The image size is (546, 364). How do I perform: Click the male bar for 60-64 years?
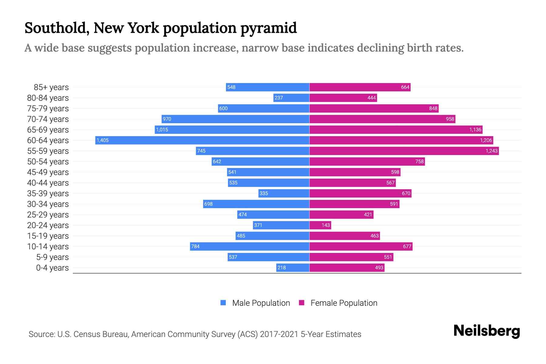[202, 140]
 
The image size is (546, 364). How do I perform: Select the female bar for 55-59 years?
[404, 151]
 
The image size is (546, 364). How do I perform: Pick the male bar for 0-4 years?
[293, 268]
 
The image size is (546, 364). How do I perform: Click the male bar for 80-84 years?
[291, 98]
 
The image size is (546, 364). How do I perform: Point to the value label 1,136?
[475, 130]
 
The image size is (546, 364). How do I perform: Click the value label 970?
[167, 119]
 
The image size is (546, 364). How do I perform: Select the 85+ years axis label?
[51, 87]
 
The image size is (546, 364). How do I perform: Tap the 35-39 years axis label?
[48, 194]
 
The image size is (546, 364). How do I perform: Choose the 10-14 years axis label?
[48, 247]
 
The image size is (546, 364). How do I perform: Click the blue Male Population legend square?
[223, 303]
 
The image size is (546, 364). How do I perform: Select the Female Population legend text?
[344, 303]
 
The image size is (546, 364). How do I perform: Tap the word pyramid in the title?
[268, 28]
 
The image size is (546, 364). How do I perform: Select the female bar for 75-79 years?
[374, 108]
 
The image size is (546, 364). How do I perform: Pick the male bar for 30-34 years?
[256, 204]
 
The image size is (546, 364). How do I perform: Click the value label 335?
[264, 193]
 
